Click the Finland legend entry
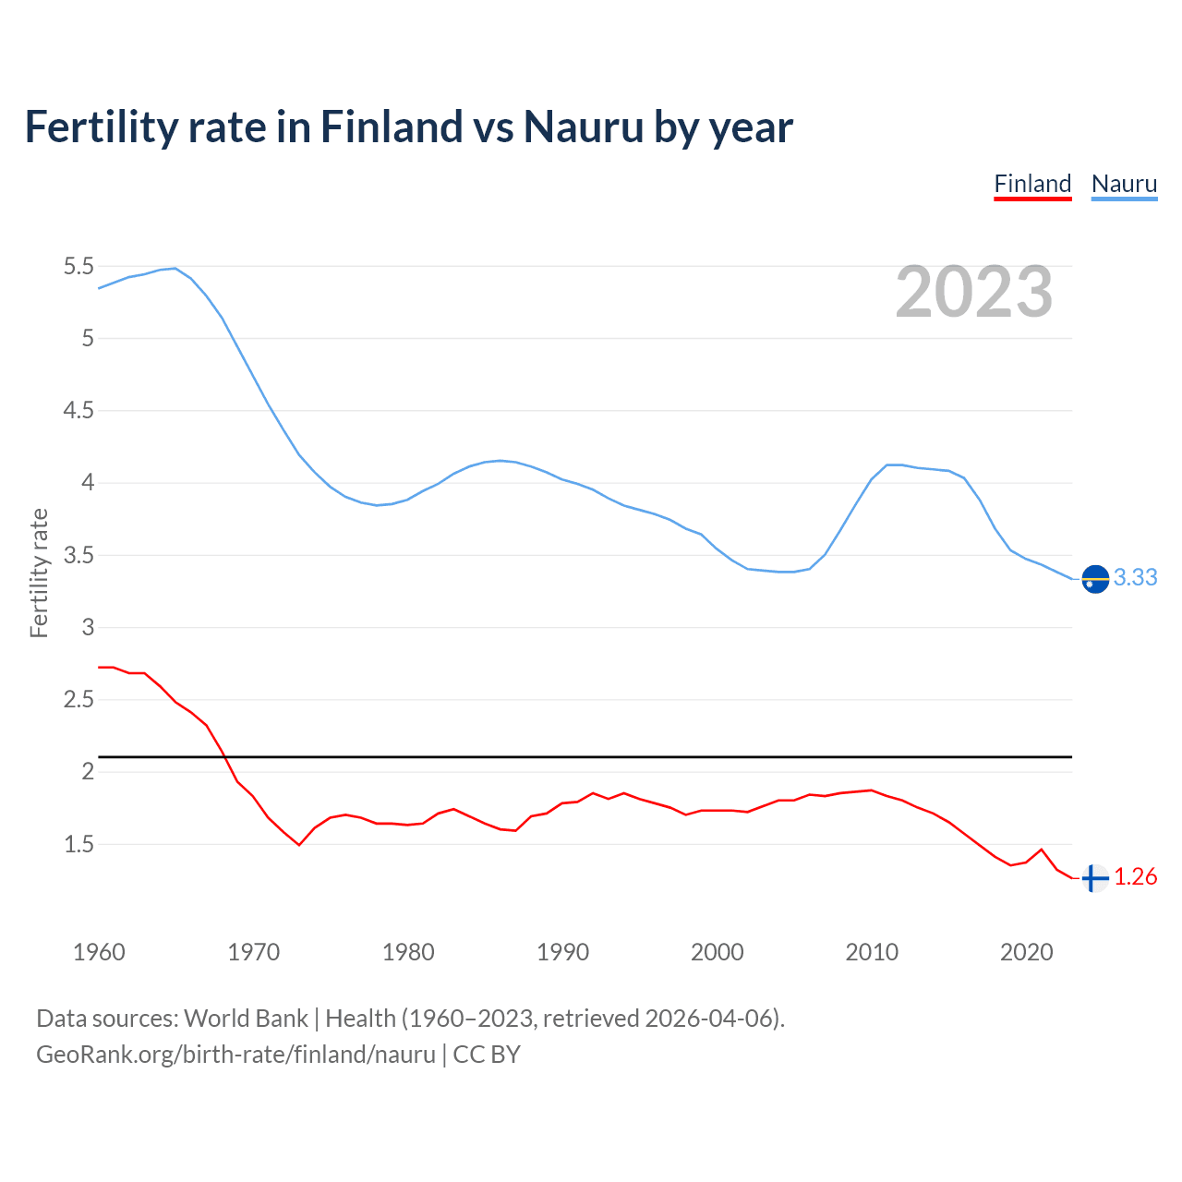(x=1032, y=184)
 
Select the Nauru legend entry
(x=1124, y=184)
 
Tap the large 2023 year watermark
(x=974, y=292)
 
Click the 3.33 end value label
(x=1135, y=577)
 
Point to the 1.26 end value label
(x=1135, y=876)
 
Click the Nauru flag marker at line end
(x=1095, y=579)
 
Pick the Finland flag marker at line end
(x=1094, y=878)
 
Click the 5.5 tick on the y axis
(x=78, y=267)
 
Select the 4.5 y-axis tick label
(x=78, y=411)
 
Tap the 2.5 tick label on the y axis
(x=78, y=700)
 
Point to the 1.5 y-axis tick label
(x=78, y=844)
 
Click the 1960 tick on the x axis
(x=99, y=952)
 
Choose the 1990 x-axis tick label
(x=562, y=952)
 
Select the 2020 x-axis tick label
(x=1026, y=952)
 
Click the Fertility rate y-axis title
(x=39, y=573)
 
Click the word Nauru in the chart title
(x=583, y=127)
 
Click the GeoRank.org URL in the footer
(x=235, y=1055)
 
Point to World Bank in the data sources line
(x=246, y=1019)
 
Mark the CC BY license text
(x=487, y=1055)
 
